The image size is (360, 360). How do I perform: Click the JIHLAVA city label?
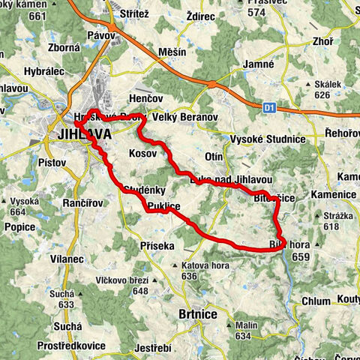point(83,135)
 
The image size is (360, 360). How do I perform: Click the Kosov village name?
point(143,152)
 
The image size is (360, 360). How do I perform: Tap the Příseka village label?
point(157,245)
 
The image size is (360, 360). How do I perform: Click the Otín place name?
point(212,156)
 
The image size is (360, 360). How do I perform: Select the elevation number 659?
point(299,256)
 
